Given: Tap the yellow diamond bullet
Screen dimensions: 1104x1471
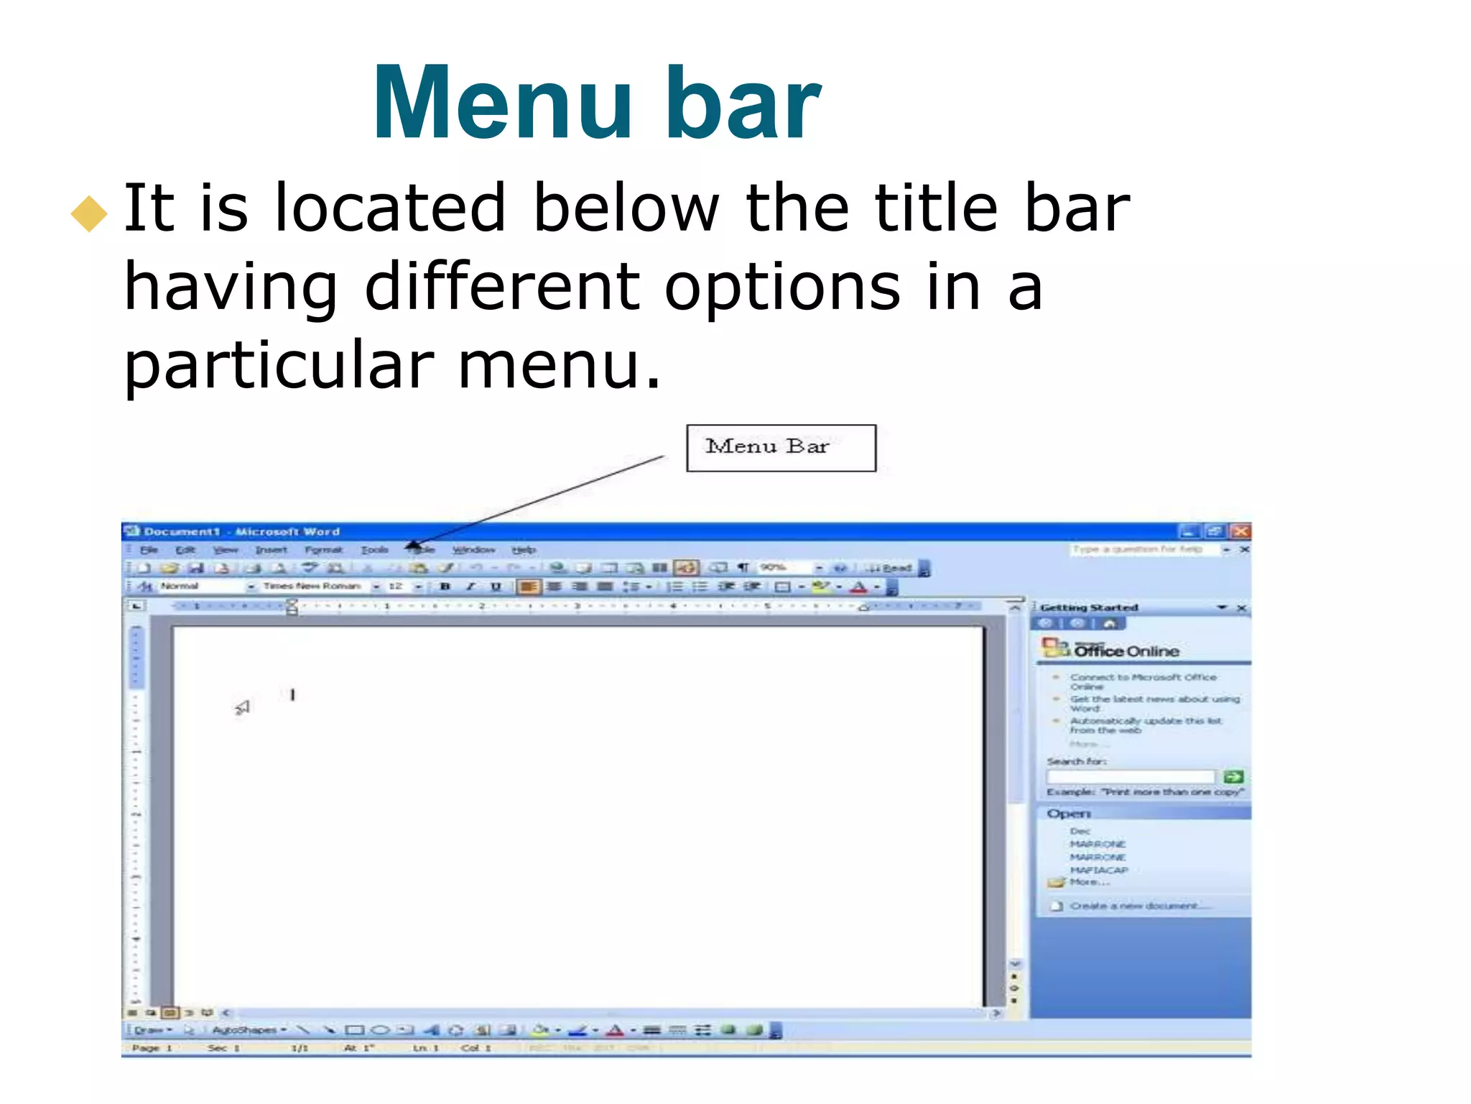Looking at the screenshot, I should [x=89, y=213].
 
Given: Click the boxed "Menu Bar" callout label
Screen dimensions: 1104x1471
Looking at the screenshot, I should [x=781, y=448].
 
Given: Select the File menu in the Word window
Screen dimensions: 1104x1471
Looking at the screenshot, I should [x=149, y=550].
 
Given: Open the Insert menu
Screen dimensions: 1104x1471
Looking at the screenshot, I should [x=271, y=550].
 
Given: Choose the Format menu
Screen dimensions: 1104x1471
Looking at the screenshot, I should [x=323, y=550].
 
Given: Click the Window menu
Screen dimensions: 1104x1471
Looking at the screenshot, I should [x=473, y=550].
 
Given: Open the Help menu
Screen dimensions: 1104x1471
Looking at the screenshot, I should [x=524, y=550].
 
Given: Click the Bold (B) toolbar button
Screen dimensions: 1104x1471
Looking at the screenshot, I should [x=445, y=586].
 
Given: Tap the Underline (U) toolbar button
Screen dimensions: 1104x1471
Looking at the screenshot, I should [x=496, y=586].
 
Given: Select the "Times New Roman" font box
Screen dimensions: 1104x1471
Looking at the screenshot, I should [x=312, y=586].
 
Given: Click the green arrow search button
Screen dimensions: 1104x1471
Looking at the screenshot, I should [x=1233, y=776].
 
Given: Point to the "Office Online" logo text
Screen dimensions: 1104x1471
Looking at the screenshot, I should [x=1126, y=651].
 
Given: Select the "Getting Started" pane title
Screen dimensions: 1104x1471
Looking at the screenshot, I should [x=1089, y=608].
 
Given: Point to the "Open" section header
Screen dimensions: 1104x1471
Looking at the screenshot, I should [x=1069, y=814].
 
